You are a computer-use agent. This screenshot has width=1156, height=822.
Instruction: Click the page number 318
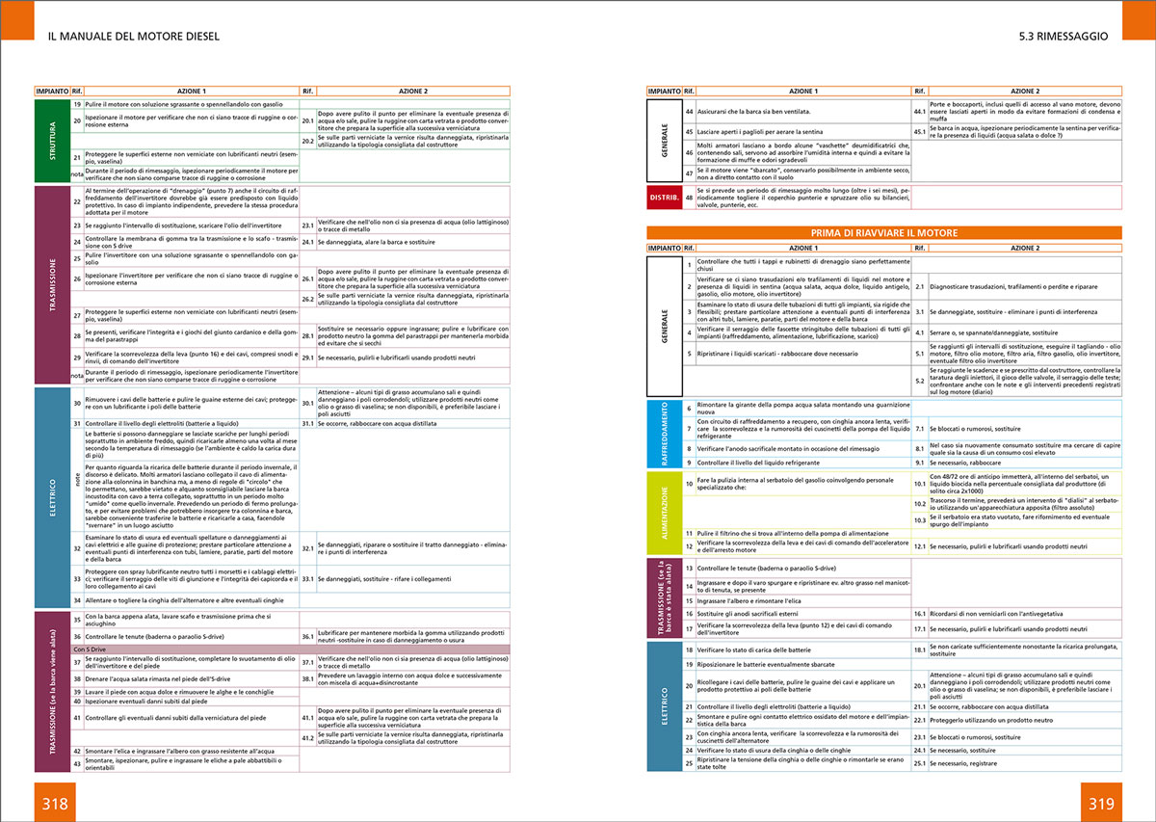click(53, 803)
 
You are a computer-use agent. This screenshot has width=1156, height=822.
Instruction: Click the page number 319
click(1102, 803)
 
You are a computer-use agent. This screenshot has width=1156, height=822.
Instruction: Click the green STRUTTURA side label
click(52, 140)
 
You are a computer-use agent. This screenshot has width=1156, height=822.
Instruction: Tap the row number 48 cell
click(689, 199)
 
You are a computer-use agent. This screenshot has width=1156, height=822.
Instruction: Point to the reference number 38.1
click(308, 678)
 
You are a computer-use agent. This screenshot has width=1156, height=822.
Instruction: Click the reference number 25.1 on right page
click(919, 763)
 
